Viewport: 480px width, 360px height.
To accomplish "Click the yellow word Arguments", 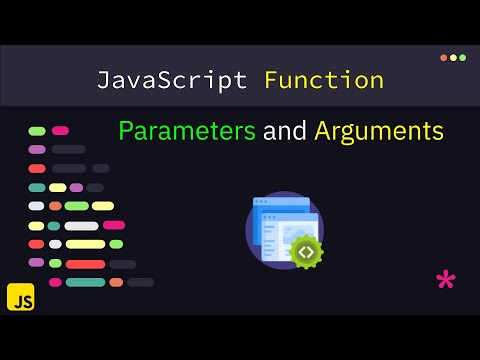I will [379, 131].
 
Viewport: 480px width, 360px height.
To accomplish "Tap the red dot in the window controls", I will [444, 57].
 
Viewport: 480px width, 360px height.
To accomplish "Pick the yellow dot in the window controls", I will [453, 57].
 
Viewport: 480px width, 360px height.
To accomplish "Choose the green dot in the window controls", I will [462, 57].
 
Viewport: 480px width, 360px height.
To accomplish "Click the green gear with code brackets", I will [305, 252].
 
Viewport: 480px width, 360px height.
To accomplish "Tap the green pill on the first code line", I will [37, 131].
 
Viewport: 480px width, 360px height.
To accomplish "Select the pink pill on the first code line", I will [60, 131].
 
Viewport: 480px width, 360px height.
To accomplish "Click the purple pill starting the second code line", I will [37, 150].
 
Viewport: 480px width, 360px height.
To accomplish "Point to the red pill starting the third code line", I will [37, 168].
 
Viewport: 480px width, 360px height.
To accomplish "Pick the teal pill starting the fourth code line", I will [37, 187].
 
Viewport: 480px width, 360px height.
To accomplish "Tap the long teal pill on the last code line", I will [85, 282].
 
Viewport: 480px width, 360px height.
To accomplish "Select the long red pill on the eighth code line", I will [85, 263].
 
